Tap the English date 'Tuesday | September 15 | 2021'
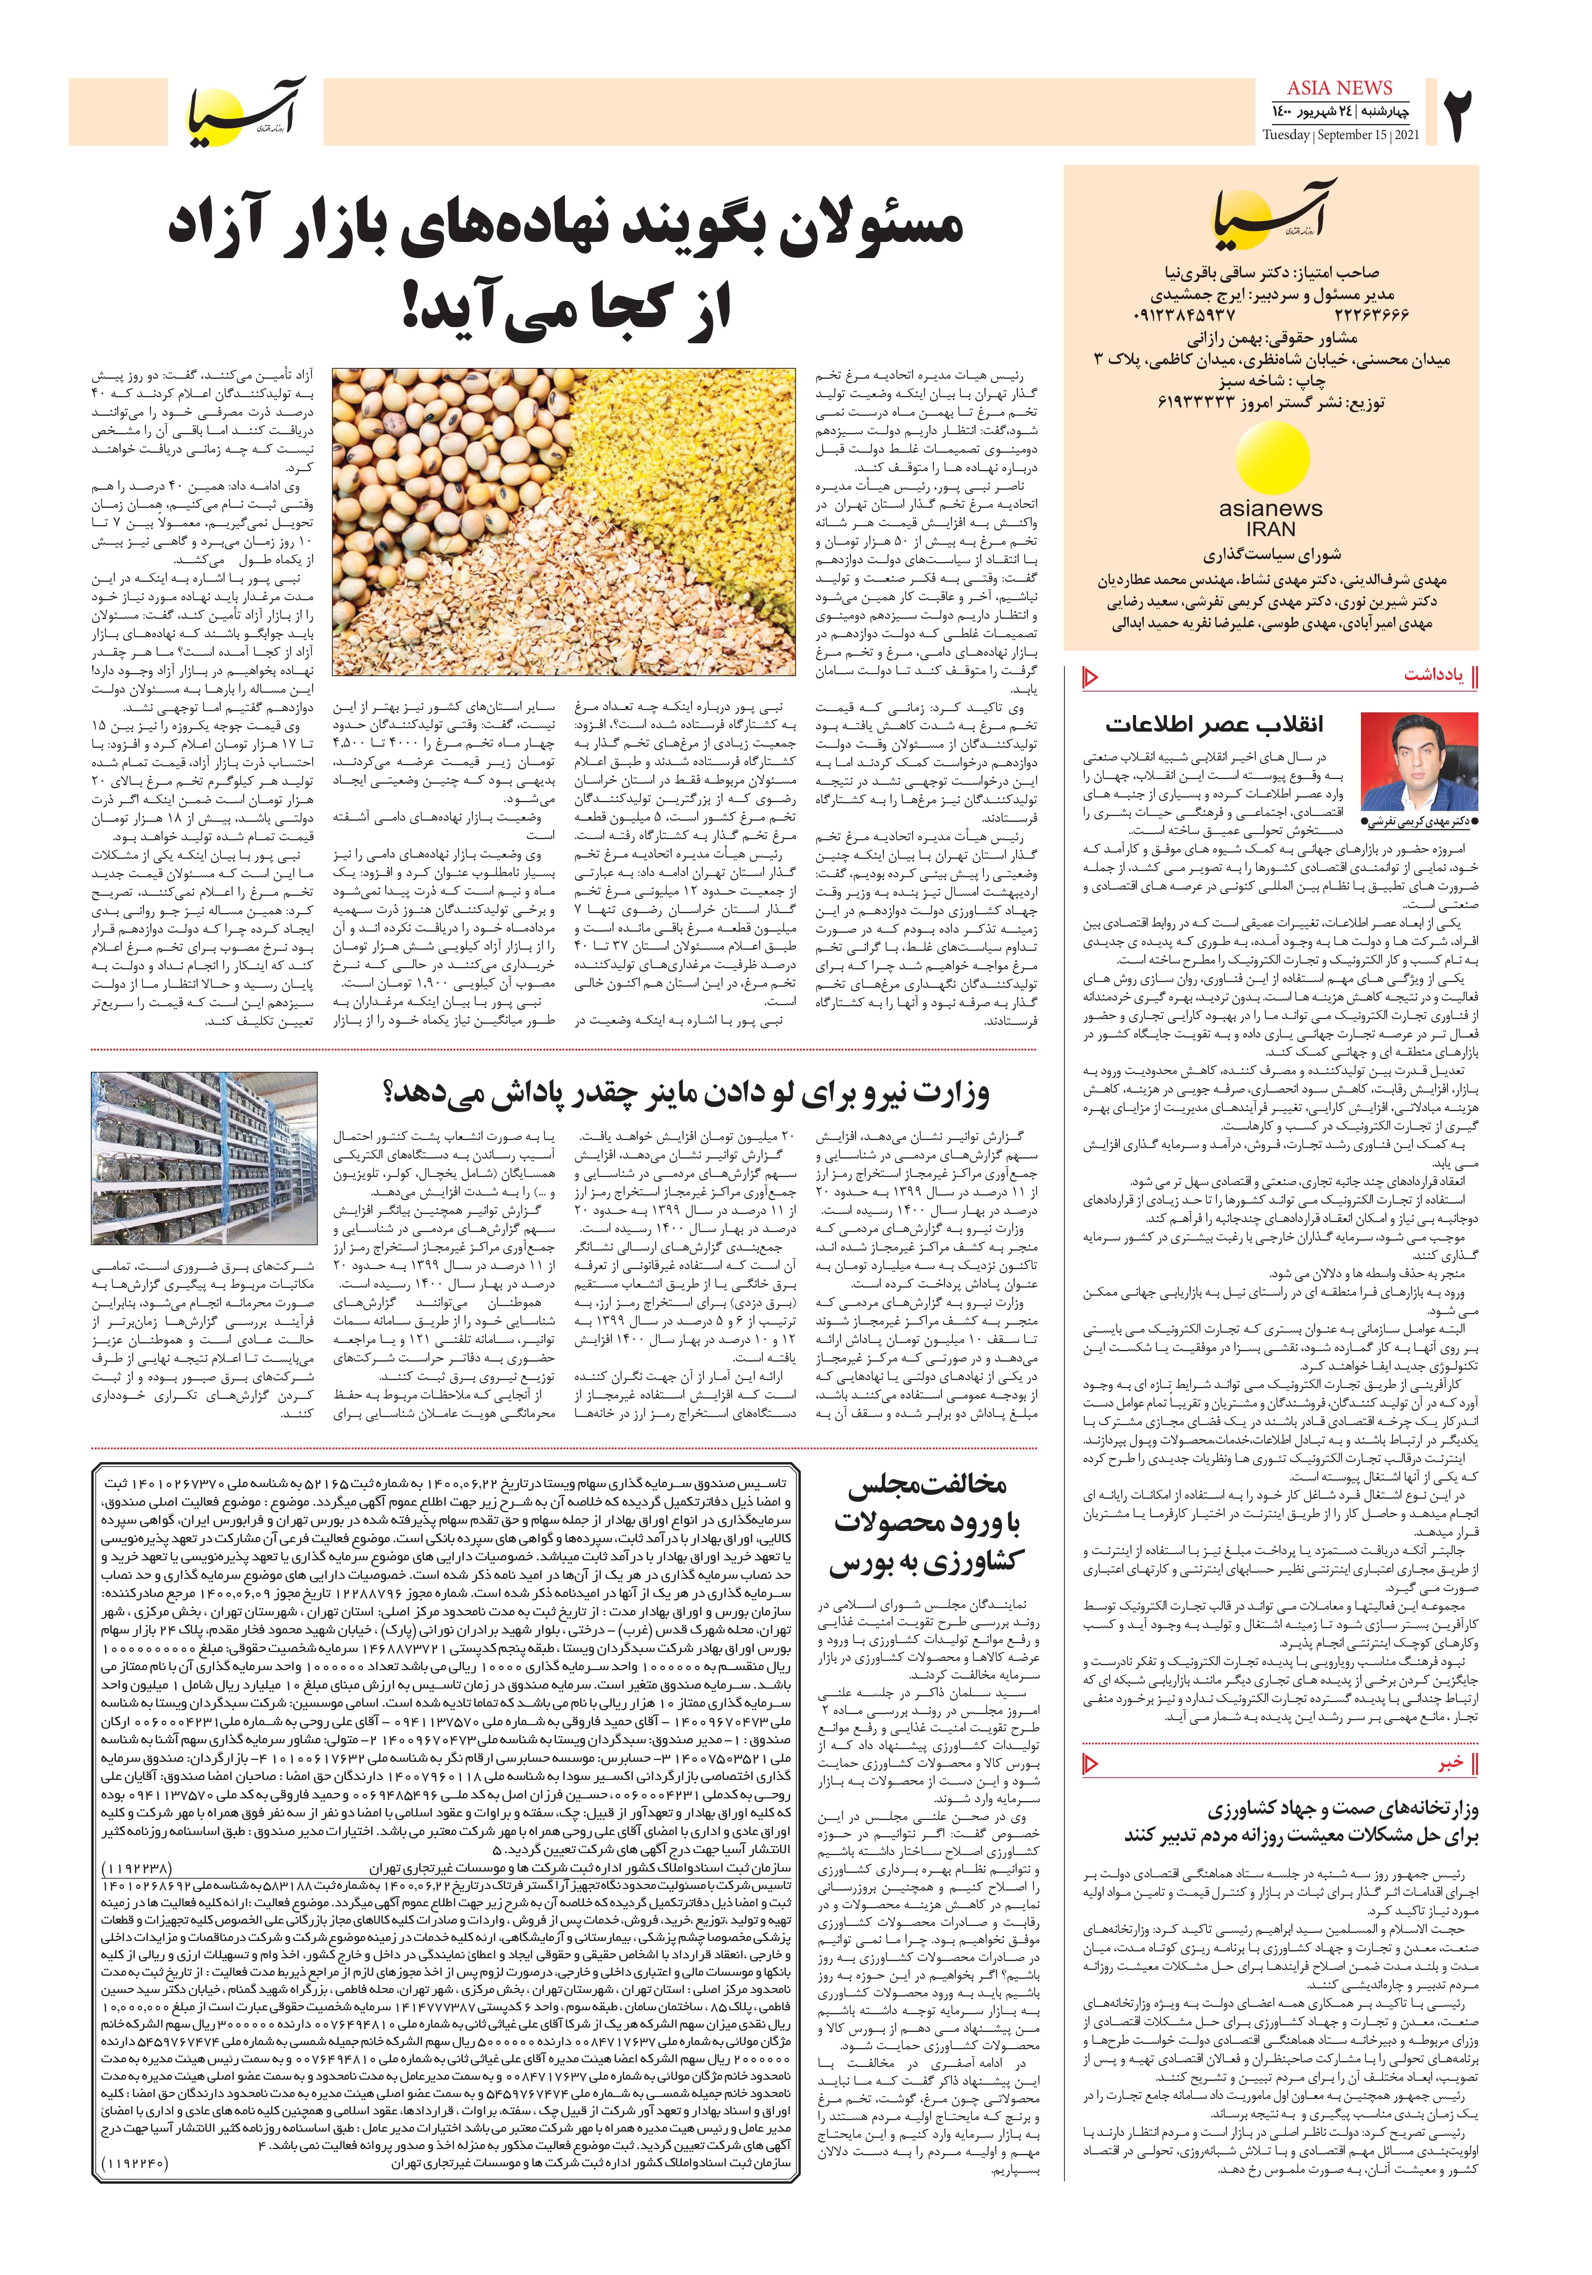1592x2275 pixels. pyautogui.click(x=1341, y=136)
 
